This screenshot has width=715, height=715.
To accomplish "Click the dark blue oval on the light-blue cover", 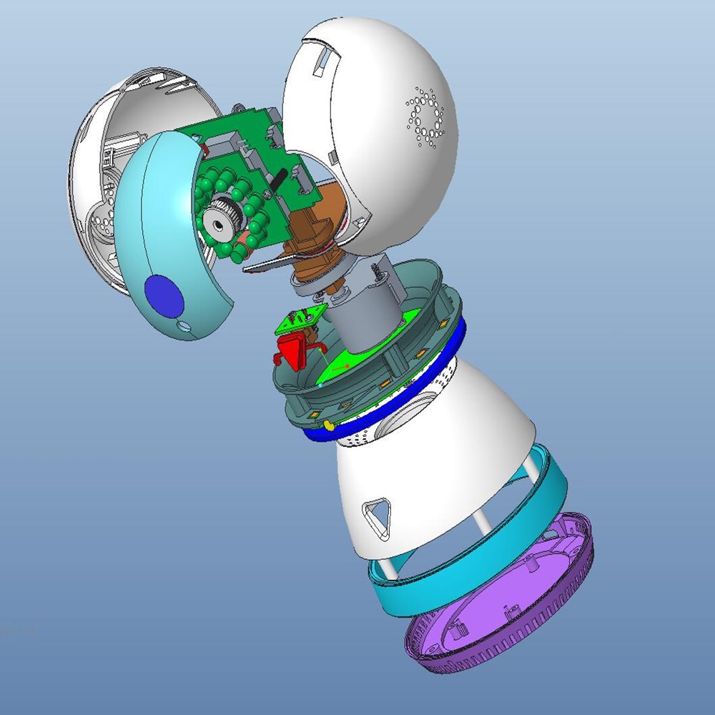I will pyautogui.click(x=164, y=296).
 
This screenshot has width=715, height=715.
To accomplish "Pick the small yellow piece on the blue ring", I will pyautogui.click(x=328, y=425).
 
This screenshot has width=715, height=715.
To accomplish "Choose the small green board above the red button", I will pyautogui.click(x=300, y=320).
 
